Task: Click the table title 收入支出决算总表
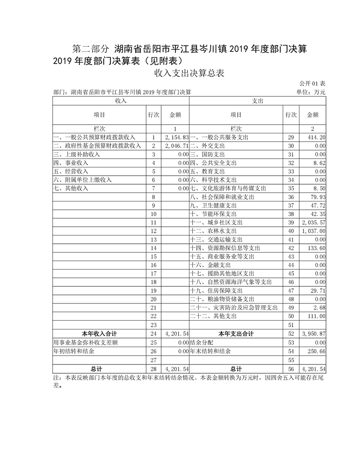[189, 73]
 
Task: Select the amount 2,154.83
[176, 137]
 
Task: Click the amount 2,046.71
[176, 146]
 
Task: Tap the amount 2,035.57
[314, 222]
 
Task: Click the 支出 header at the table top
[258, 101]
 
